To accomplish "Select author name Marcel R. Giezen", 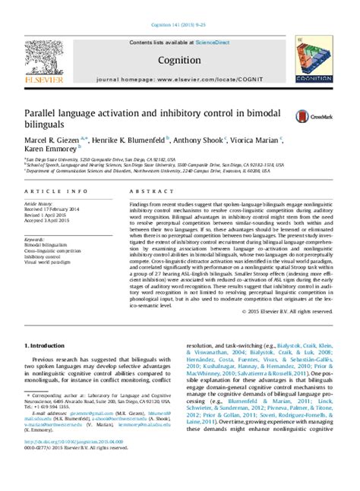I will [x=51, y=140].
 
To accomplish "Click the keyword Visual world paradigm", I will [x=48, y=265].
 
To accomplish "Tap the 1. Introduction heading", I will [x=46, y=343].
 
